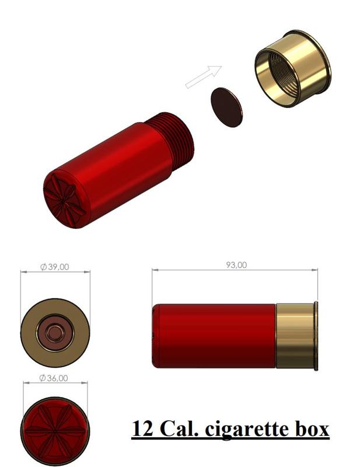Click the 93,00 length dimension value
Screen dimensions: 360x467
[236, 265]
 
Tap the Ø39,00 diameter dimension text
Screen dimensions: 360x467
[54, 267]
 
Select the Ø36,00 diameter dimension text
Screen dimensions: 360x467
[54, 378]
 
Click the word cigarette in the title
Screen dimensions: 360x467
[253, 429]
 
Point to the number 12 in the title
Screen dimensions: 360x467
[142, 428]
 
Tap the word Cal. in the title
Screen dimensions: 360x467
[179, 428]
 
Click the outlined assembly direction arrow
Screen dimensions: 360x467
[204, 77]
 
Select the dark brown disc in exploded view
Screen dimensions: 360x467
[226, 107]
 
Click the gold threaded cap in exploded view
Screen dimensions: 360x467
[293, 68]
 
